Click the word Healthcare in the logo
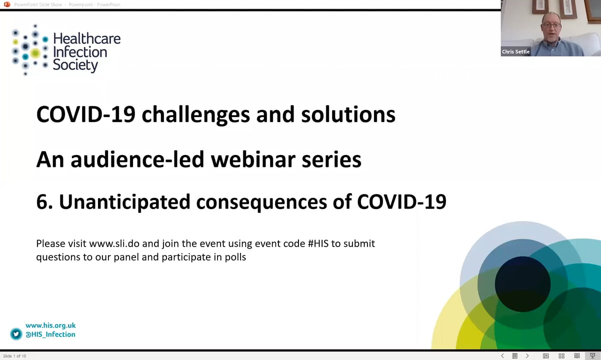86,39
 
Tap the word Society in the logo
75,65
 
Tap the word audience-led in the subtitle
137,159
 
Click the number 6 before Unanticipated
42,202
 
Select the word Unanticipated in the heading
124,202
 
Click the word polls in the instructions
235,257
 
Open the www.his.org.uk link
50,325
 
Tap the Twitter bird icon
16,334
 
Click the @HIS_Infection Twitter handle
50,334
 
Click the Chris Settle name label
515,51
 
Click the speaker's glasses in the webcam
550,25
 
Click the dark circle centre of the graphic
522,284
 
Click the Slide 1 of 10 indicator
14,356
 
